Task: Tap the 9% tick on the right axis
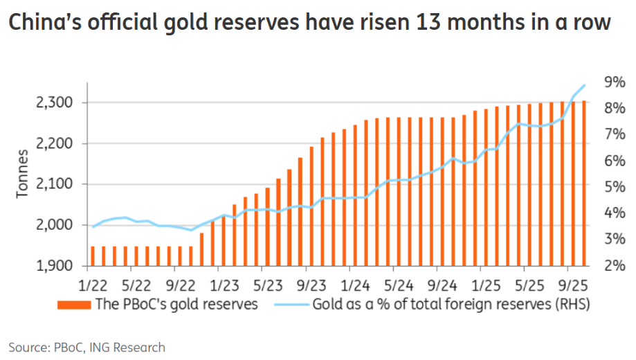pos(614,82)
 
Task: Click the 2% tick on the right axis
pos(614,266)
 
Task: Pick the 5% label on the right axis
pos(614,187)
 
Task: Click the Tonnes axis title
pos(23,173)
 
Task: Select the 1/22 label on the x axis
pos(93,285)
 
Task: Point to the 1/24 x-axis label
pos(355,285)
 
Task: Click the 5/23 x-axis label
pos(267,285)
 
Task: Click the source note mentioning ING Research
pos(87,347)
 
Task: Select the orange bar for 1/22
pos(93,256)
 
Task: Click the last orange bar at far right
pos(584,183)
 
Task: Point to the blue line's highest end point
pos(585,85)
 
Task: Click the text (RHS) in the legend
pos(571,305)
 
